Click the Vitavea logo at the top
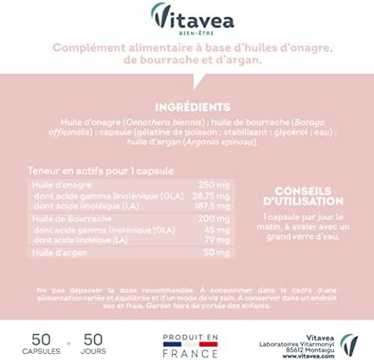[186, 16]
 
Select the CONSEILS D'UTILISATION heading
[308, 195]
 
